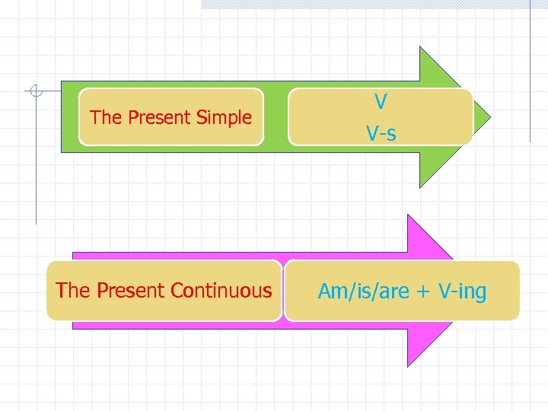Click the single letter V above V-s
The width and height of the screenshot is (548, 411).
[x=381, y=100]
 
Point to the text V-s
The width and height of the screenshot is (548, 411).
[x=381, y=135]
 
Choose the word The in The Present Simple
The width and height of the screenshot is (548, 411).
[x=106, y=117]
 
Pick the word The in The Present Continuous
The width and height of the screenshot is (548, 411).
[x=72, y=290]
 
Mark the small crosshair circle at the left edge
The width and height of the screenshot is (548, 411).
[x=34, y=92]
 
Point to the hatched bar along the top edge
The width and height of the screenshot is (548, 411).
[x=365, y=4]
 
